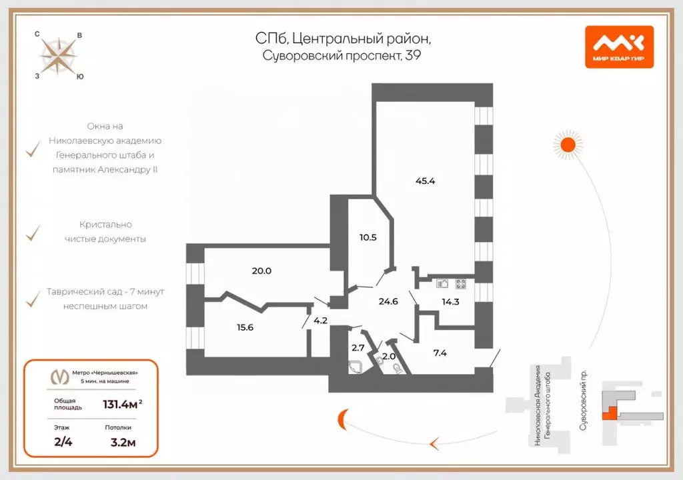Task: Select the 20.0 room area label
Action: pos(261,271)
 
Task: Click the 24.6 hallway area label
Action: pos(388,301)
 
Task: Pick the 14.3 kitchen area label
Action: pos(451,301)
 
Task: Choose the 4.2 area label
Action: pos(320,320)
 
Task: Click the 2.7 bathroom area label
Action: pos(358,348)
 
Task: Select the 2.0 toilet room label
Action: pos(388,355)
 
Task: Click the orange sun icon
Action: pos(568,143)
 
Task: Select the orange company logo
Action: pos(619,47)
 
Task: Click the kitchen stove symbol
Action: pos(460,283)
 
